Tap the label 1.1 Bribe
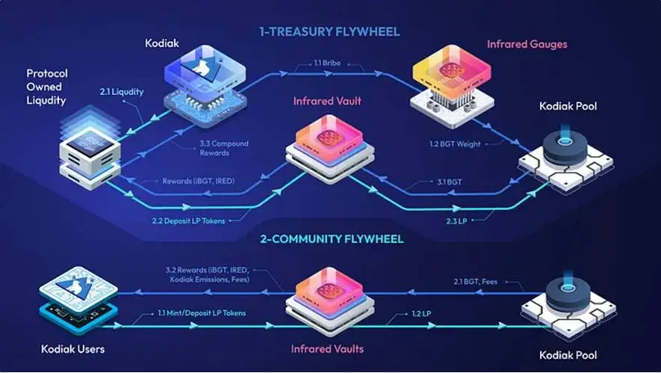[325, 67]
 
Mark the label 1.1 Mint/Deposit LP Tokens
[201, 313]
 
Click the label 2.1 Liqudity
[121, 92]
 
